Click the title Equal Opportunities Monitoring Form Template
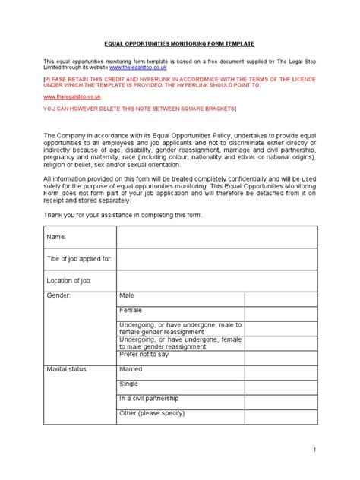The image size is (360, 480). point(180,45)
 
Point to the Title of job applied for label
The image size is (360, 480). point(80,259)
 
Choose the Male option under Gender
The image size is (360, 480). point(126,294)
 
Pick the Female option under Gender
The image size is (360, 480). point(130,310)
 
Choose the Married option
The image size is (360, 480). point(131,369)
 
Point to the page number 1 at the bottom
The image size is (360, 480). point(335,450)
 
